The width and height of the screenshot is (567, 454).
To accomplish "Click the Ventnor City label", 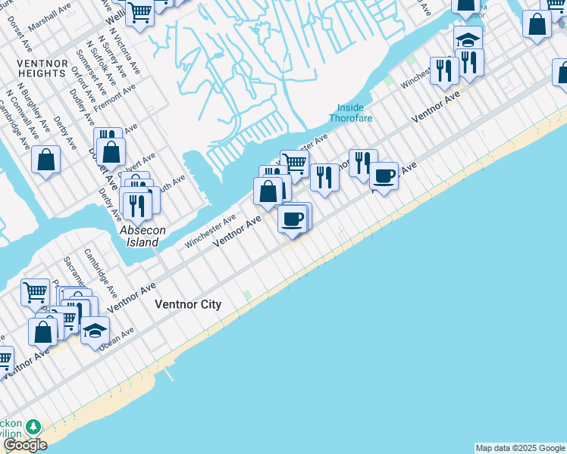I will point(188,304).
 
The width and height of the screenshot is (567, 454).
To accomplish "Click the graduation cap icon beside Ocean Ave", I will point(96,330).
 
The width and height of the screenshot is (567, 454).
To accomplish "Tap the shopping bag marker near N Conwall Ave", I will point(46,160).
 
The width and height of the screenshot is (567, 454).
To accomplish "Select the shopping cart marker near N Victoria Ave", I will point(139,12).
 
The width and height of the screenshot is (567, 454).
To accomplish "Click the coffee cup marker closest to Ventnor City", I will point(292,219).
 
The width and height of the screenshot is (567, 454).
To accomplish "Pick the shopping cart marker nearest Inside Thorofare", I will point(294,161).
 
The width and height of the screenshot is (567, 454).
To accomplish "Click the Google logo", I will point(26,445).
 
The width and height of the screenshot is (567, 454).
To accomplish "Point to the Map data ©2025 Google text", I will point(520,448).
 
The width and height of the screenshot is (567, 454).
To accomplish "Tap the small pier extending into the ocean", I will point(168,374).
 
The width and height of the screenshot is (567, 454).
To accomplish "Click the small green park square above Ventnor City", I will point(246,294).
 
